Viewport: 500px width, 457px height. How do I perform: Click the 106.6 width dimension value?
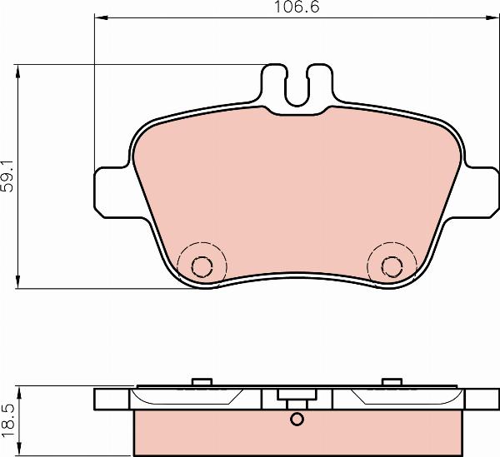click(x=297, y=7)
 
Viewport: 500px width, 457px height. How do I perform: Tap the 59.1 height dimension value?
click(x=8, y=176)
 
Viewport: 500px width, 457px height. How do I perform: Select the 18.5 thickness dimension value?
click(x=8, y=421)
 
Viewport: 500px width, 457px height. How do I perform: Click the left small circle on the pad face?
click(x=202, y=266)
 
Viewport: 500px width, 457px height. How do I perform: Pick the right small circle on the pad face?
click(x=392, y=266)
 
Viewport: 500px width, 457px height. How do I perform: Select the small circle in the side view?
click(x=297, y=419)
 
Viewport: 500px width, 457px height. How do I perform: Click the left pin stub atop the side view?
click(x=202, y=381)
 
